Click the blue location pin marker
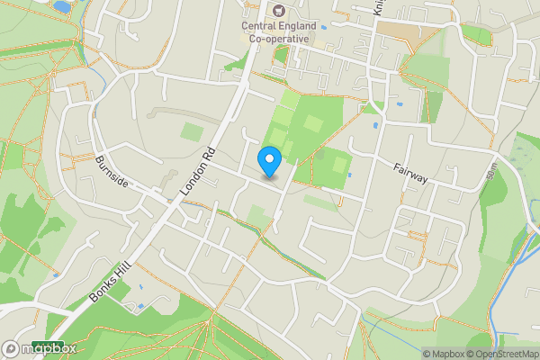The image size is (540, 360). click(x=269, y=161)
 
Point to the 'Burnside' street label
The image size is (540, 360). click(x=112, y=171)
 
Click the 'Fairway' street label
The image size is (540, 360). click(x=409, y=173)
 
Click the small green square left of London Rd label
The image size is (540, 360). click(x=192, y=131)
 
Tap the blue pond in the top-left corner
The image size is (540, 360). click(x=61, y=6)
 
